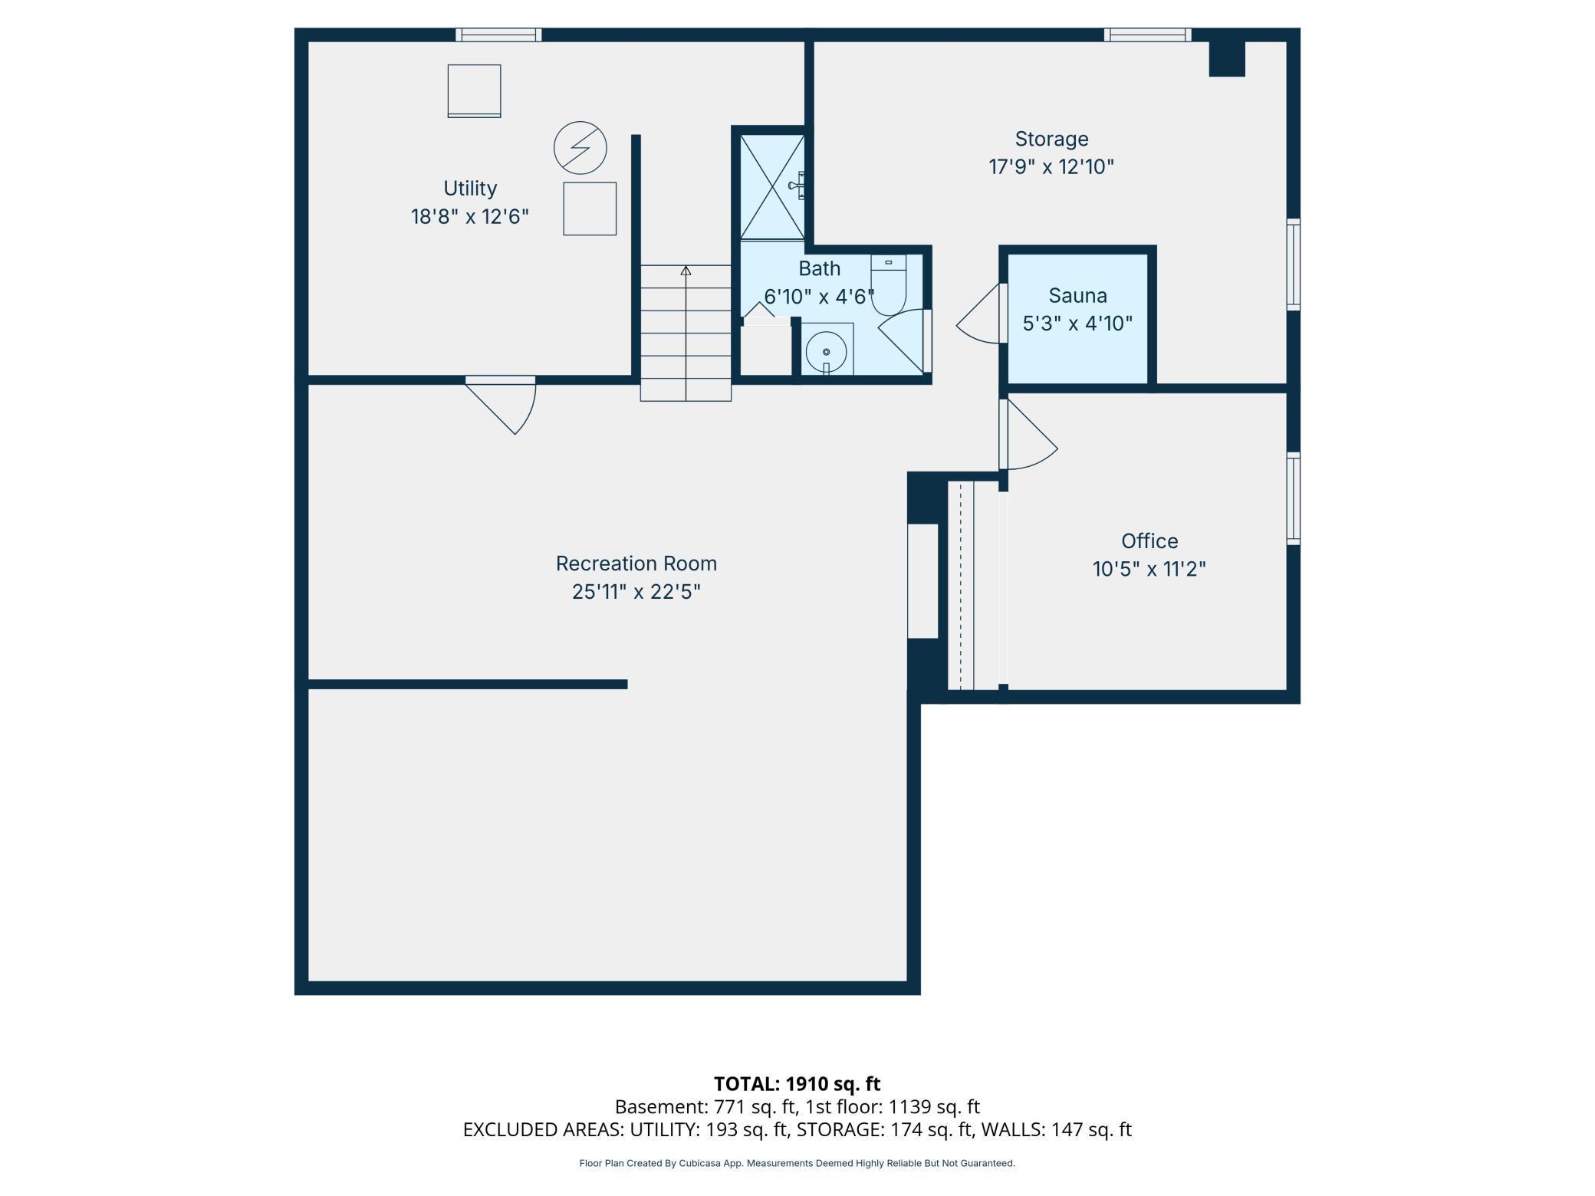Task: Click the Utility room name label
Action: (470, 189)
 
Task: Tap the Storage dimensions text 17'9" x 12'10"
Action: (1051, 167)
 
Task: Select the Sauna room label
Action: (1077, 295)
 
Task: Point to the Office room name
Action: (1149, 541)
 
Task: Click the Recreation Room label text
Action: (636, 563)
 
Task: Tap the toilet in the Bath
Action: (889, 284)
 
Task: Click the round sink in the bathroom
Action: (826, 352)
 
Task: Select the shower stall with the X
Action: (772, 187)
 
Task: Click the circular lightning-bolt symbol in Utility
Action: (580, 147)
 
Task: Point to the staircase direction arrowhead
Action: (686, 271)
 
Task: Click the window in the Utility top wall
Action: (498, 34)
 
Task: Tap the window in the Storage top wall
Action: (1148, 34)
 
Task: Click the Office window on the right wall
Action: (1294, 498)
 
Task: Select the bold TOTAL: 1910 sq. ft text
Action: (797, 1083)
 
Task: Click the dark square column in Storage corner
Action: (1227, 59)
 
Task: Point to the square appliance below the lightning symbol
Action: (590, 209)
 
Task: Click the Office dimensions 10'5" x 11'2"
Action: (1149, 570)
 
